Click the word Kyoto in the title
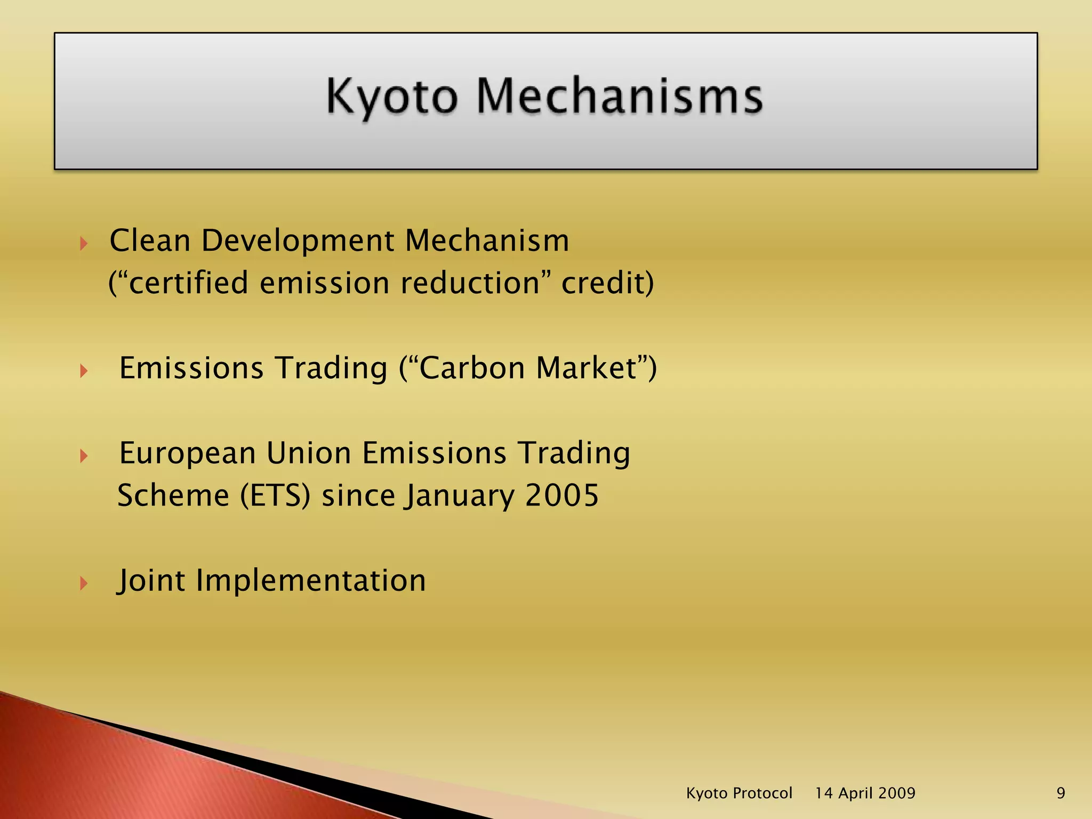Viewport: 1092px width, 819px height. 392,97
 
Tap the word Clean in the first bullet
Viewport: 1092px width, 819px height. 150,240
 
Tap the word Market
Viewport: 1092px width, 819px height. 587,368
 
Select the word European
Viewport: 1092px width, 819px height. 188,454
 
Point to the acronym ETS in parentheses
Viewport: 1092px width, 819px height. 275,495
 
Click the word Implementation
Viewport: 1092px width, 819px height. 311,581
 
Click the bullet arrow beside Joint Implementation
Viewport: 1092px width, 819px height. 84,583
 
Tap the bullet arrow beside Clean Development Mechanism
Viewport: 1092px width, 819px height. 84,244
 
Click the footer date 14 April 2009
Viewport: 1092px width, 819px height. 865,793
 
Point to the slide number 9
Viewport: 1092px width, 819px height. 1061,793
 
